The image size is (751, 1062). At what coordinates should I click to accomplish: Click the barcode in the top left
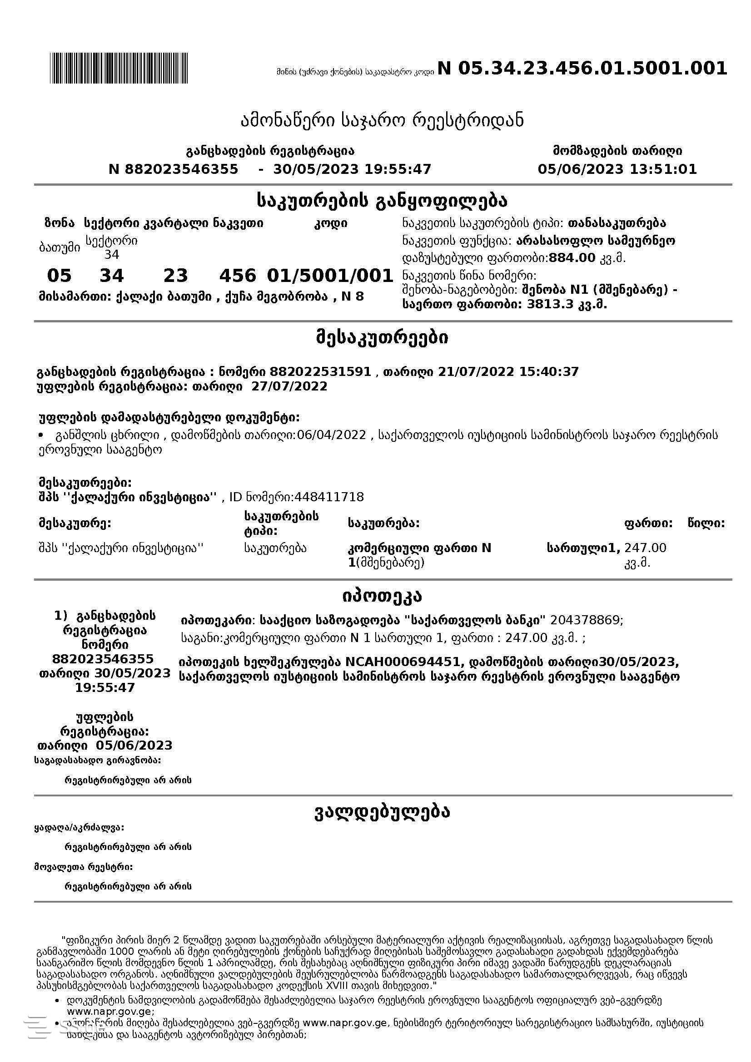tap(119, 68)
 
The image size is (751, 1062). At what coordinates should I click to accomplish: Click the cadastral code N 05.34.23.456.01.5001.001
tap(582, 69)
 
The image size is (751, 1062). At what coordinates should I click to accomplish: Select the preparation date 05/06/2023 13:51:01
tap(617, 169)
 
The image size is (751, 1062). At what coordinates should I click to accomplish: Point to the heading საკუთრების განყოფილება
tap(382, 201)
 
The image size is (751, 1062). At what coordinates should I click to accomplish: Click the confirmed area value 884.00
tap(572, 257)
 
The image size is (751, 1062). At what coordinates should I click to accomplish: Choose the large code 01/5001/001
tap(330, 276)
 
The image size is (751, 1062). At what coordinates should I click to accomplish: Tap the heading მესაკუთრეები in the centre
tap(382, 338)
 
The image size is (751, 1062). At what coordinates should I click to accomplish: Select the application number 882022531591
tap(320, 372)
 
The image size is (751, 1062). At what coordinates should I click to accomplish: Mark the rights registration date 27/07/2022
tap(289, 387)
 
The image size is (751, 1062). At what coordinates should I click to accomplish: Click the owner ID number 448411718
tap(329, 497)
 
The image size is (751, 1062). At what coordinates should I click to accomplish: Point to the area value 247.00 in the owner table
tap(645, 548)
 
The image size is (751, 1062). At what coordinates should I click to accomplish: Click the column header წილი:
tap(706, 524)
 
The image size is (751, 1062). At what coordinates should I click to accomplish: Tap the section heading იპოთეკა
tap(382, 597)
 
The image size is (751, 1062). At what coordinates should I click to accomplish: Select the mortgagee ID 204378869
tap(586, 620)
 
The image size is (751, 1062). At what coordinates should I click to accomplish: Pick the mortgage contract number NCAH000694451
tap(405, 663)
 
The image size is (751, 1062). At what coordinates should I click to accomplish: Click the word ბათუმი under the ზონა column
tap(59, 247)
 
